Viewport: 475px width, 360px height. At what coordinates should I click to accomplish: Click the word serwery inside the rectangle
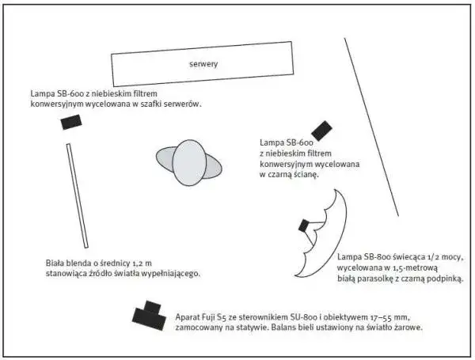[203, 64]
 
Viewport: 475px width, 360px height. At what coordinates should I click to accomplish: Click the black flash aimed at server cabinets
[71, 122]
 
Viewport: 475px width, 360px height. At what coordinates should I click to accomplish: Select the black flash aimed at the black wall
[321, 131]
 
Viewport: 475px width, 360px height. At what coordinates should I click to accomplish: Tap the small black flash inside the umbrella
[304, 225]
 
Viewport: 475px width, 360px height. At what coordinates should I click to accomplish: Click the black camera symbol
[149, 316]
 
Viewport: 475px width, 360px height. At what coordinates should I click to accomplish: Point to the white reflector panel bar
[78, 195]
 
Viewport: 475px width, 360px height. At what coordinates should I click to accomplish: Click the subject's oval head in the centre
[189, 162]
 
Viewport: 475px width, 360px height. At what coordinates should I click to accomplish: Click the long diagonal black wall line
[371, 127]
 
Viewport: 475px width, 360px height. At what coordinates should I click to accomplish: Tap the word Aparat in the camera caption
[188, 317]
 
